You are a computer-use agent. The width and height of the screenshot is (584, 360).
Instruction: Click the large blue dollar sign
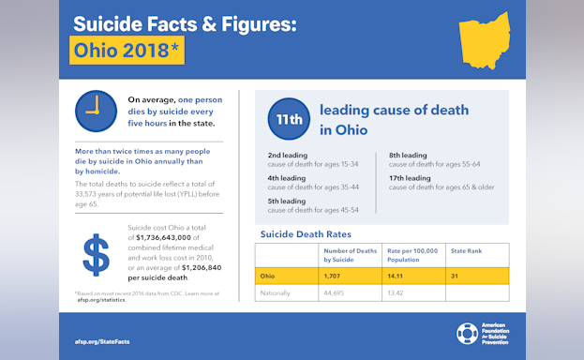tap(97, 255)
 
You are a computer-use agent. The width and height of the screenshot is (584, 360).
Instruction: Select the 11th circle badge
tap(288, 119)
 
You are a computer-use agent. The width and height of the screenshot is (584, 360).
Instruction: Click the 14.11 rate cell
tap(400, 277)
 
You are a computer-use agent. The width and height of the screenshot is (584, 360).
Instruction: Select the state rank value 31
tap(455, 277)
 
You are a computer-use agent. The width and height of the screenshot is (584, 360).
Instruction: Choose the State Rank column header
tap(466, 251)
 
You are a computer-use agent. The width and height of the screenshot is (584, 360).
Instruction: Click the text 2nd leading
tap(287, 155)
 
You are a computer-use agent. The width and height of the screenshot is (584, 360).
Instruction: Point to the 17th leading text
tap(410, 177)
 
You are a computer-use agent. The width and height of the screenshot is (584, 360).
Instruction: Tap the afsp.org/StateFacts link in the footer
tap(102, 341)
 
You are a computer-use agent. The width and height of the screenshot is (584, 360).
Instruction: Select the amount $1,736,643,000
tap(171, 237)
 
